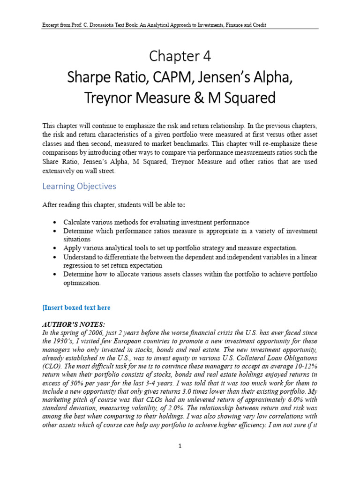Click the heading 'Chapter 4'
point(180,56)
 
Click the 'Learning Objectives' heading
point(79,186)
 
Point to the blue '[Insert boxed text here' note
point(76,307)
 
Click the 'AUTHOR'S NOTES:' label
point(74,324)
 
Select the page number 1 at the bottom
point(180,446)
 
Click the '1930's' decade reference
point(62,341)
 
